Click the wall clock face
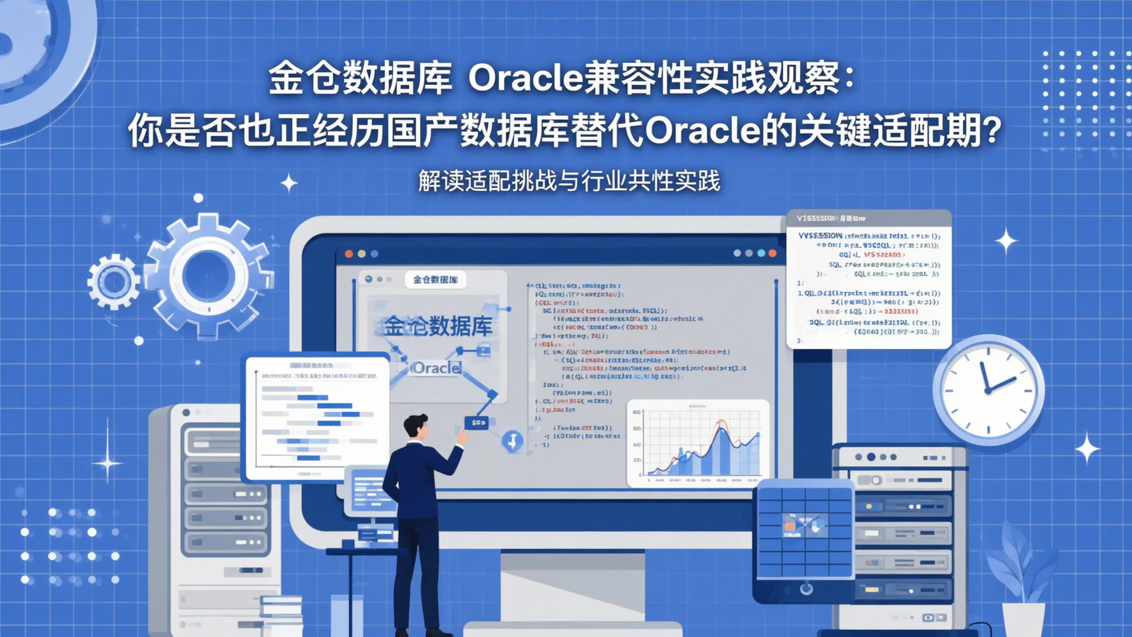pos(988,390)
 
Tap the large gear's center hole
pos(207,274)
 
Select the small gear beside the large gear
pos(114,281)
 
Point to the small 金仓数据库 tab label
pos(436,279)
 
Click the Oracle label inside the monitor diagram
pos(436,367)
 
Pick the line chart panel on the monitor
pos(698,443)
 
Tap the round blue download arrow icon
pos(513,440)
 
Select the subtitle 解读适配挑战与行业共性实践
pos(569,181)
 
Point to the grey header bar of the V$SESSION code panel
pos(869,218)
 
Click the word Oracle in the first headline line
pos(522,79)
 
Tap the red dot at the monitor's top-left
pos(349,254)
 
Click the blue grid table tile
pos(803,527)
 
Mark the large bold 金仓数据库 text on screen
pos(438,326)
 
